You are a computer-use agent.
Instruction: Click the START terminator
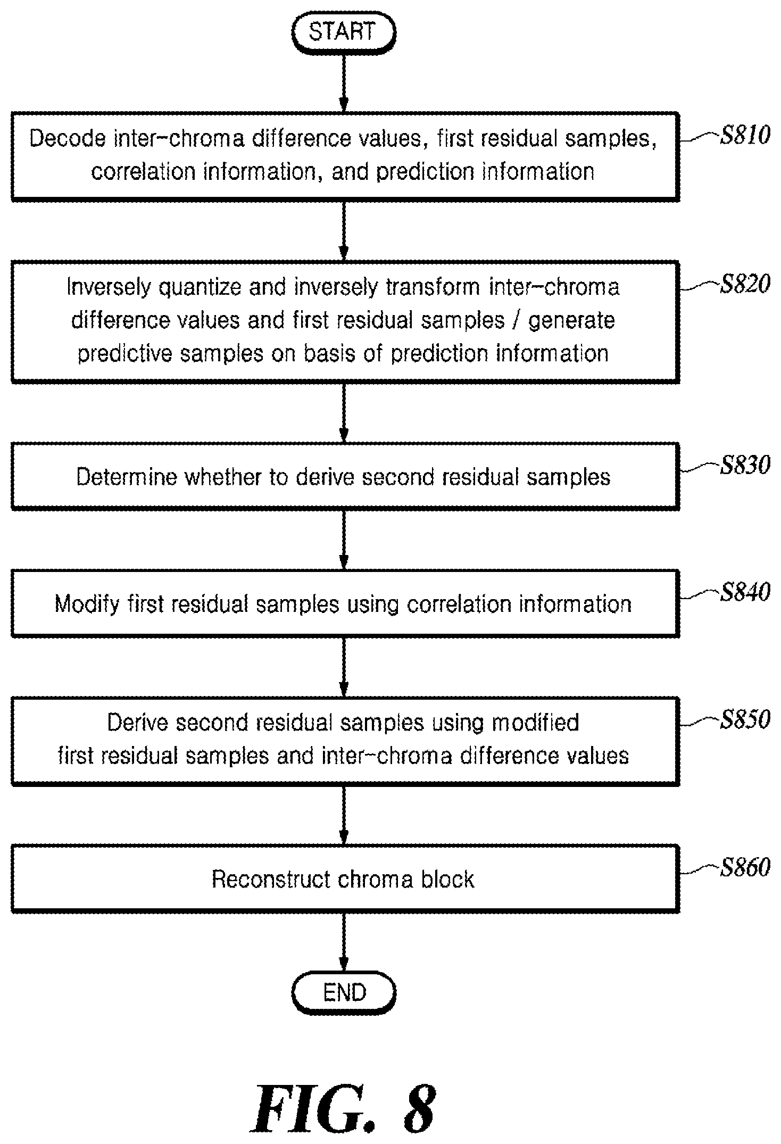coord(344,32)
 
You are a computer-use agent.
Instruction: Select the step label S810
coord(745,136)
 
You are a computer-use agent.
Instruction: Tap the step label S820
coord(745,285)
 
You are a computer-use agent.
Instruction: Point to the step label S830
coord(745,466)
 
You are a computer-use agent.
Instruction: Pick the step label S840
coord(745,593)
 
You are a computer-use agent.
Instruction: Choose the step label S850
coord(745,720)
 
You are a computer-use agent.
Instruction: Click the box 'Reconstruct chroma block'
coord(345,879)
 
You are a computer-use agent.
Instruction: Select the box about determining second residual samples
coord(345,476)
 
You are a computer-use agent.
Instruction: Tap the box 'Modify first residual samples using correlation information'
coord(345,603)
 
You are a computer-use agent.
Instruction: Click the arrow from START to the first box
coord(344,82)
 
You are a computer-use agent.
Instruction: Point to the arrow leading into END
coord(344,943)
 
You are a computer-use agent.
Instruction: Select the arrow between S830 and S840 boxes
coord(344,540)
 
